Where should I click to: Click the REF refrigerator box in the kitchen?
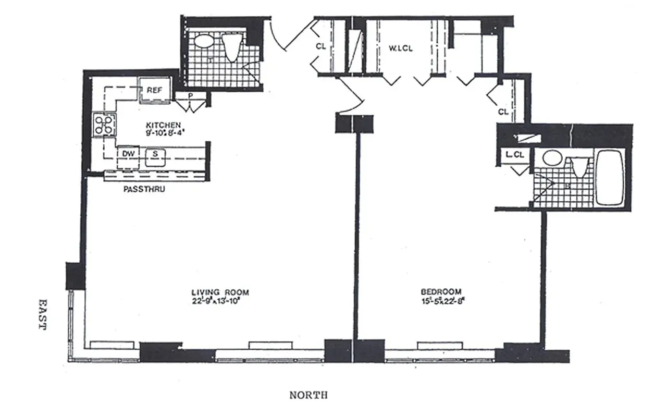coord(155,90)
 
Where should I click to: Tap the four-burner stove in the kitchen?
coord(104,125)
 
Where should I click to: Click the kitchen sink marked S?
coord(155,155)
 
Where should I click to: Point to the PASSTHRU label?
coord(144,190)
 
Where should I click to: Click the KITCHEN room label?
coord(163,125)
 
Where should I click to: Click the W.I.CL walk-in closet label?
coord(401,49)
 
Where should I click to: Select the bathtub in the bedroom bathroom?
coord(609,177)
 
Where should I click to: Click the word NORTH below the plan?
coord(308,395)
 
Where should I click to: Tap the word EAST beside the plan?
coord(42,314)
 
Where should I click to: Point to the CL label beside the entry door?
coord(321,46)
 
